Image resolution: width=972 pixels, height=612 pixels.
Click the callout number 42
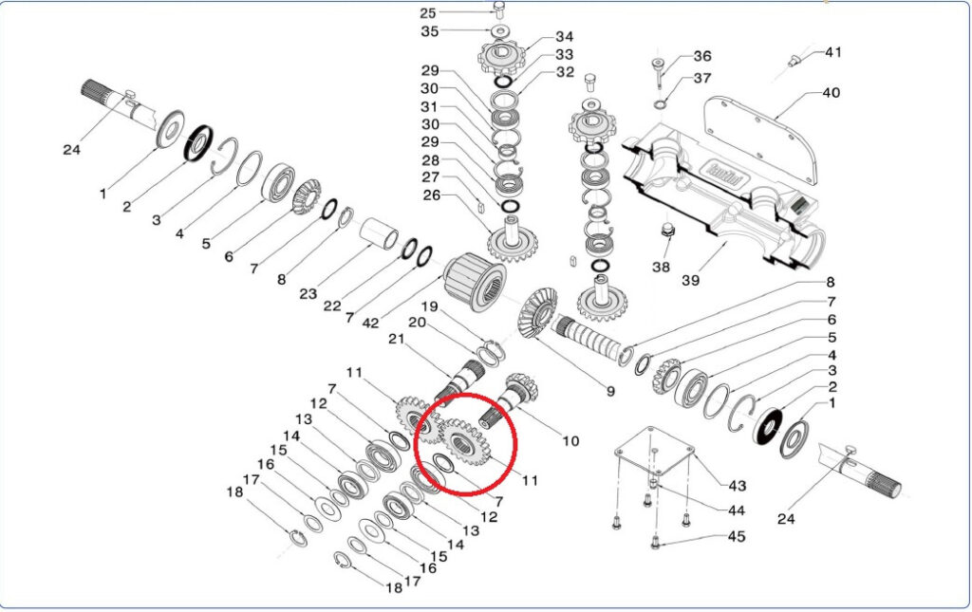(x=370, y=323)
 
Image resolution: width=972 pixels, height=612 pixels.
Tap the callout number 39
(x=691, y=280)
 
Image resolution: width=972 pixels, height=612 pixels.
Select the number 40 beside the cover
(x=831, y=93)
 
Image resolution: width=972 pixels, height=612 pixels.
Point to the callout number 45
(x=736, y=536)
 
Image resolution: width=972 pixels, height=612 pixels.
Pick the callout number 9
(x=610, y=392)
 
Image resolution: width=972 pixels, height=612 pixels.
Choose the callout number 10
(x=570, y=441)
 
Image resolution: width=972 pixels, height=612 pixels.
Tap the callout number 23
(x=308, y=294)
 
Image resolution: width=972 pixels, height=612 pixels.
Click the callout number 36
(x=702, y=56)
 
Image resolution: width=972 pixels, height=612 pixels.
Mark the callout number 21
(x=396, y=339)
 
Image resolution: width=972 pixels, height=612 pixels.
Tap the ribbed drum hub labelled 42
(x=476, y=281)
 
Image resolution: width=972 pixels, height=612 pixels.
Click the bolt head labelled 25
(x=499, y=8)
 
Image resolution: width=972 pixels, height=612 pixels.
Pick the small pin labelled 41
(x=795, y=60)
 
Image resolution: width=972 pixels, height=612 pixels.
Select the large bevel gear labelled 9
(x=537, y=313)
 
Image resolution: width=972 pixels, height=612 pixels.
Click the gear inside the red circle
(x=462, y=442)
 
